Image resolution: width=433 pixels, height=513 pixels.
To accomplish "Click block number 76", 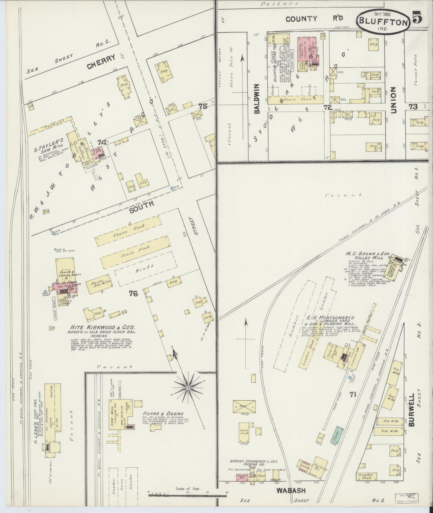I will click(x=133, y=294).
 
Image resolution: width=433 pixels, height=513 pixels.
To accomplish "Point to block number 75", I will click(x=203, y=106).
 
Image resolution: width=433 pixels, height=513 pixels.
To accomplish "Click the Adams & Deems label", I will click(x=163, y=413).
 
